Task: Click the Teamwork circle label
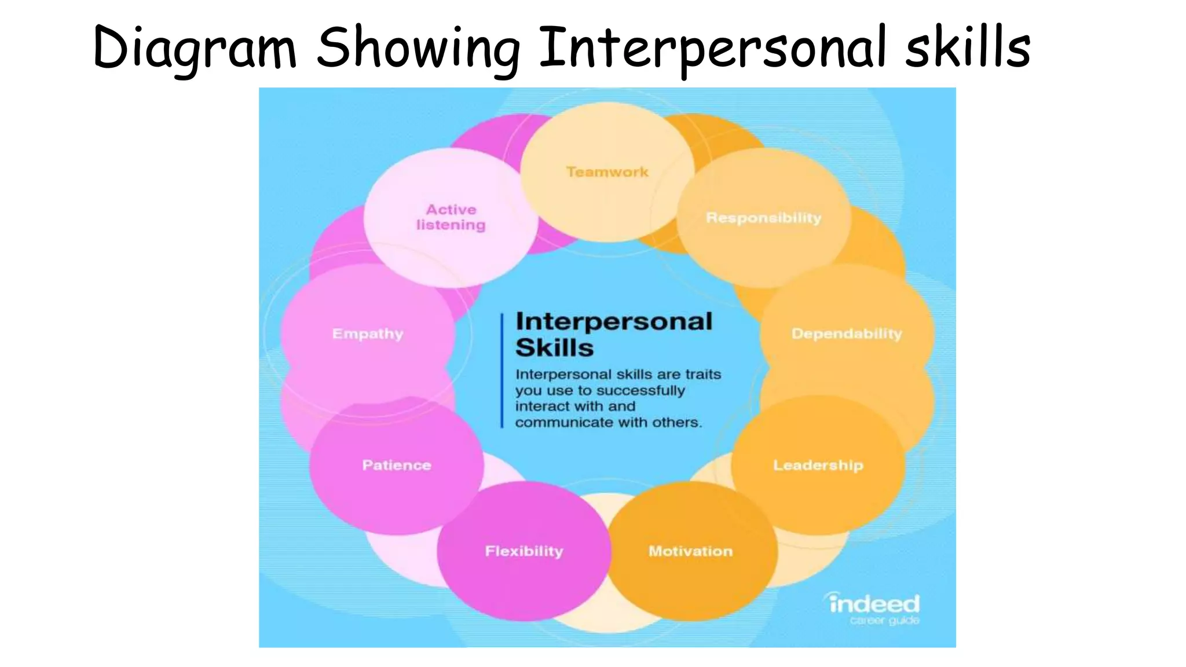(607, 172)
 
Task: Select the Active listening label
(451, 217)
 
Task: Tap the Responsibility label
(763, 218)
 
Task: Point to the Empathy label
(368, 333)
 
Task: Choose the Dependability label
(847, 333)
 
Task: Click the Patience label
(397, 465)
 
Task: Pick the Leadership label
(818, 465)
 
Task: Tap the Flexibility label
(524, 551)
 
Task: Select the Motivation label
(690, 551)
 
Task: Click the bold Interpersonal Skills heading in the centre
(613, 335)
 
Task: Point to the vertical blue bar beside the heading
(502, 371)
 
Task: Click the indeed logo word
(874, 604)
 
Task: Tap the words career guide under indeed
(884, 621)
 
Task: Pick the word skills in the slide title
(968, 47)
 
